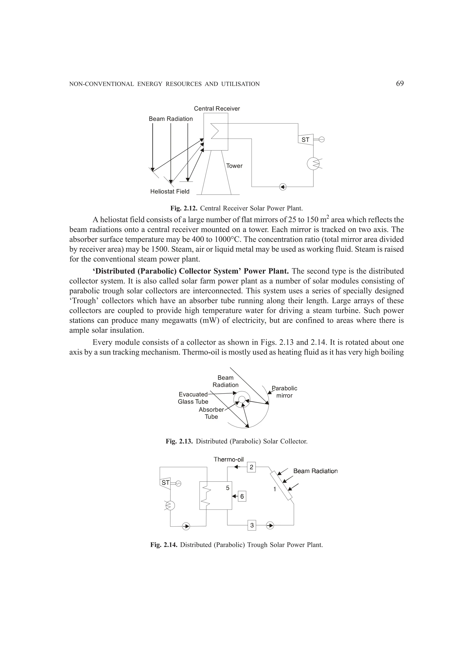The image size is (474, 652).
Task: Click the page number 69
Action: click(399, 84)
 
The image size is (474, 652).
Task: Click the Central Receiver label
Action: click(217, 109)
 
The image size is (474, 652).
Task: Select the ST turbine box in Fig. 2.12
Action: click(306, 140)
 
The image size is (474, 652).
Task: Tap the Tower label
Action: click(234, 166)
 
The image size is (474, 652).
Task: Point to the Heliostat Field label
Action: click(170, 192)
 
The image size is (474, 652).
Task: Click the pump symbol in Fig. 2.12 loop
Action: click(283, 187)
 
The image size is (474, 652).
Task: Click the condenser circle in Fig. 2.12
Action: click(313, 164)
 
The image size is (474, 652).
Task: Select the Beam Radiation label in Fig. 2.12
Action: click(171, 119)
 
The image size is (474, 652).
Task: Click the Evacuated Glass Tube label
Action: click(193, 398)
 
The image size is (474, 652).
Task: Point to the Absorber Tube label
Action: click(211, 413)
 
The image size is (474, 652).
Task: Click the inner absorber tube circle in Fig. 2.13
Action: click(242, 400)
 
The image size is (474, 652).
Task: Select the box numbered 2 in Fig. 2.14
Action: click(251, 467)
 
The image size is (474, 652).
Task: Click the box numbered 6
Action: click(242, 497)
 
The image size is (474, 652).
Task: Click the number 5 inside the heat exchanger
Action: click(228, 488)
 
